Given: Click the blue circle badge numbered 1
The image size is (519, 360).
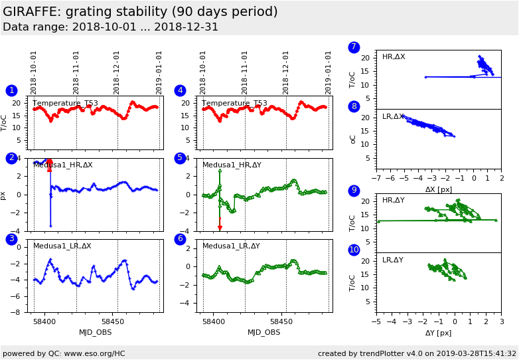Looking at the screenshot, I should coord(11,90).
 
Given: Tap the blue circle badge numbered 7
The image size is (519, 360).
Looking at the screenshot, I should coord(354,47).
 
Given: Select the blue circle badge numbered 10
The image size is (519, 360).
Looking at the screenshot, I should coord(354,250).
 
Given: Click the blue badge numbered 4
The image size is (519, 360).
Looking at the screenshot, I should coord(180,90).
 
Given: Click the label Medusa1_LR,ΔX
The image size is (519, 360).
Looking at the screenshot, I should coord(63,246).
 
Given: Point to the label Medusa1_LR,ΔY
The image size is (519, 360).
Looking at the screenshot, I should coord(231,246).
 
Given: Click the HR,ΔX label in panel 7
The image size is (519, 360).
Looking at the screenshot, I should coord(394,57).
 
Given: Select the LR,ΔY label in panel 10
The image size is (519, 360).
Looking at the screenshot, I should coord(393,260).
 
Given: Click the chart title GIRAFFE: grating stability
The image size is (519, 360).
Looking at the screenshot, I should coord(141,12).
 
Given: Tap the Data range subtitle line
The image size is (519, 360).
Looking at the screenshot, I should coord(110,27).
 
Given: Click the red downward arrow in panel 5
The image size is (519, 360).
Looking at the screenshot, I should coord(220,228).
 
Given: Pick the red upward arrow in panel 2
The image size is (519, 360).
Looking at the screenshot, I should coord(49,162).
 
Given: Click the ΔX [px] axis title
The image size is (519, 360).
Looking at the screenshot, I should coord(439,189).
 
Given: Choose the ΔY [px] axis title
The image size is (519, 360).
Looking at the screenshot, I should coord(438,333).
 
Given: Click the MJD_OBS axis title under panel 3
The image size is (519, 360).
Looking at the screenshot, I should coord(96,333).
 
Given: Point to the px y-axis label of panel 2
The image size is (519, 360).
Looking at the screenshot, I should coord(4,195).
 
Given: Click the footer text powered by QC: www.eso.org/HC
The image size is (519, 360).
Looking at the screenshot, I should coord(64,353).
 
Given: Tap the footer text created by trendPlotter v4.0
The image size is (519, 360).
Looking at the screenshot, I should coord(417,353).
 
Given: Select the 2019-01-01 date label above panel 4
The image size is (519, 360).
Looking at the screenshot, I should coord(328,72).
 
